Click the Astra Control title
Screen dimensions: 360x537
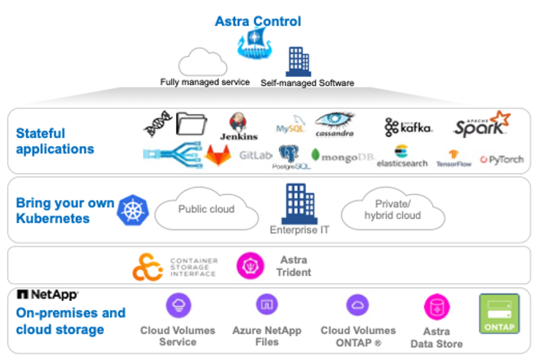[258, 22]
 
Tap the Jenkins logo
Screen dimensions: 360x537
[239, 126]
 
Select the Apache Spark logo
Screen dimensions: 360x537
[481, 124]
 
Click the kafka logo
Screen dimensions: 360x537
[408, 127]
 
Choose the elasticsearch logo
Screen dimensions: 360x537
[402, 156]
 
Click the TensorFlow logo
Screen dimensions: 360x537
[454, 158]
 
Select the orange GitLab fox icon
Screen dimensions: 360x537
[217, 155]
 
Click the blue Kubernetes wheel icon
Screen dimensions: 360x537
[133, 211]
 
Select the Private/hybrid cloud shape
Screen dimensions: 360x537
[392, 212]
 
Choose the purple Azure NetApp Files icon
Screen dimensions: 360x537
[266, 305]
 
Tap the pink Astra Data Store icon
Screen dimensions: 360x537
[436, 307]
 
